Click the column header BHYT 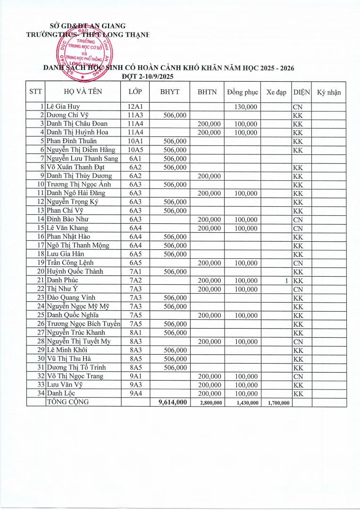click(x=170, y=92)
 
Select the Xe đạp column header click(x=276, y=92)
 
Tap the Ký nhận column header click(x=328, y=92)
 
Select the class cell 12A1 click(x=135, y=107)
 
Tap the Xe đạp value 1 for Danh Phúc click(x=286, y=280)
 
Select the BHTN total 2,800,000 click(x=207, y=402)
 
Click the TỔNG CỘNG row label click(x=67, y=402)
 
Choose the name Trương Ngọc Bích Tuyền click(x=84, y=324)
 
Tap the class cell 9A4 click(x=135, y=393)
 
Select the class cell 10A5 click(x=135, y=150)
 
